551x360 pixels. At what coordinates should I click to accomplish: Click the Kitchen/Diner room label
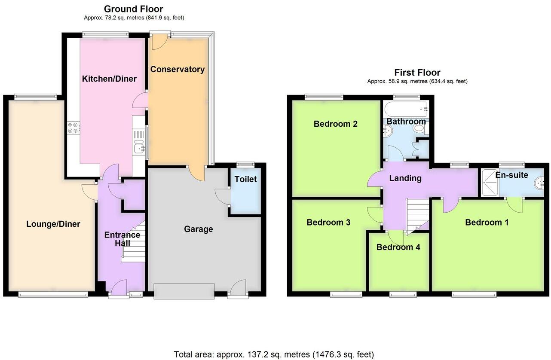click(109, 79)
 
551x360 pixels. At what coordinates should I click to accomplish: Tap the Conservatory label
click(177, 69)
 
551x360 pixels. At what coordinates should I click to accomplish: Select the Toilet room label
click(246, 179)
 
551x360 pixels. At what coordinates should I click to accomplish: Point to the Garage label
click(198, 229)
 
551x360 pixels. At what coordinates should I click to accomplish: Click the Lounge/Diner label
click(53, 224)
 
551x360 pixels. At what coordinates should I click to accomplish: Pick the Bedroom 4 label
click(398, 247)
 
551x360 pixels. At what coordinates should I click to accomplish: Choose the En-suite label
click(511, 175)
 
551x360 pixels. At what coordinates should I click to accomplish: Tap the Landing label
click(405, 178)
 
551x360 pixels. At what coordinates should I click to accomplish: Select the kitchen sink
click(139, 146)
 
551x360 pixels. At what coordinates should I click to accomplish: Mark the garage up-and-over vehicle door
click(184, 291)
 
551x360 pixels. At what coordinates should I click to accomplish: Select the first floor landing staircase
click(417, 215)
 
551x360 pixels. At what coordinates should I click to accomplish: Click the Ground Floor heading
click(133, 9)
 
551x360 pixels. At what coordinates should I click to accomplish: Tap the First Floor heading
click(417, 72)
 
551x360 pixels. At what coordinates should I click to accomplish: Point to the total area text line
click(274, 354)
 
